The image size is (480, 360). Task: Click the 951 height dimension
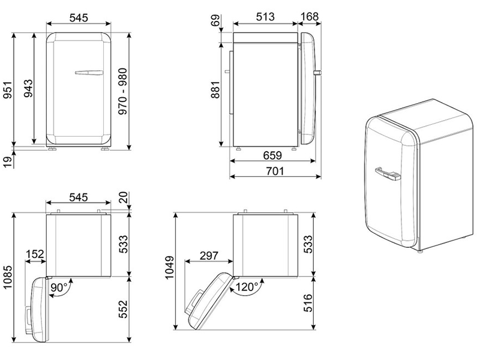7,89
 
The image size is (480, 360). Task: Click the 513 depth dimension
266,17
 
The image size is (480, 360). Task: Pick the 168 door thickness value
310,17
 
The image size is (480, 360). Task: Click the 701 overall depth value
274,172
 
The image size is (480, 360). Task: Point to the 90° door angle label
58,287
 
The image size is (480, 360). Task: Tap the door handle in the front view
88,73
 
